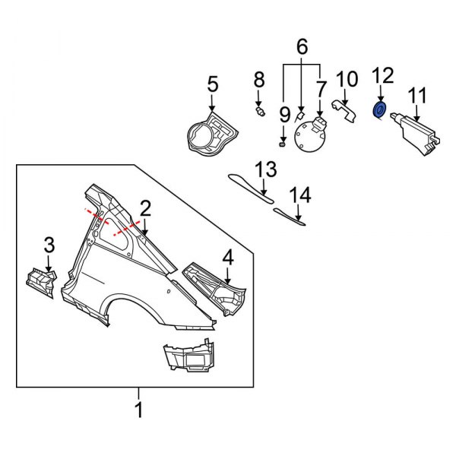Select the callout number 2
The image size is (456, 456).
[145, 207]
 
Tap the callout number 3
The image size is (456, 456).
[49, 245]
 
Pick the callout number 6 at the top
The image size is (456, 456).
[302, 48]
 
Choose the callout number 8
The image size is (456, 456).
[259, 78]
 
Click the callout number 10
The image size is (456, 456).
[346, 78]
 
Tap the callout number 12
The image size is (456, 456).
[383, 74]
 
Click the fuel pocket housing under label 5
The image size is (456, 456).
[209, 132]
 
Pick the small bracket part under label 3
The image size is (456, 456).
[41, 282]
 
